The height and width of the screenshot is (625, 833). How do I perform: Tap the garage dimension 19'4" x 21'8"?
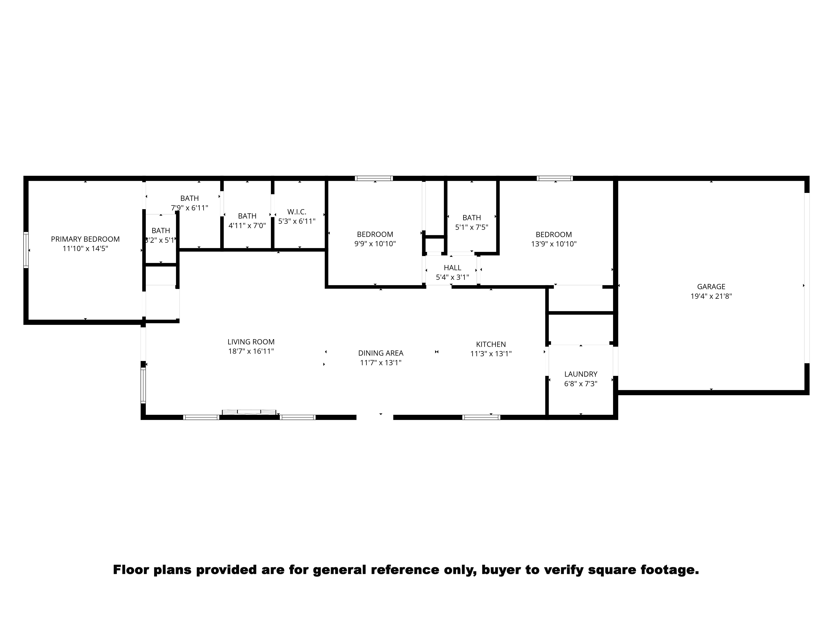(x=711, y=296)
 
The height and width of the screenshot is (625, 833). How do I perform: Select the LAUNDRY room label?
(x=581, y=374)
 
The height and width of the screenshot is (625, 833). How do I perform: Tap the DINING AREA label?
(x=381, y=353)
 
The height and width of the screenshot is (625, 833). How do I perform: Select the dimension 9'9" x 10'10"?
(x=375, y=244)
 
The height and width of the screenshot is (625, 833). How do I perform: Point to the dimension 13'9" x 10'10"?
(x=554, y=244)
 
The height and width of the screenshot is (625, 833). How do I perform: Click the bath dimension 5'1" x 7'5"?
(x=471, y=227)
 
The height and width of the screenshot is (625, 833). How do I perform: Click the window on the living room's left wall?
(x=143, y=385)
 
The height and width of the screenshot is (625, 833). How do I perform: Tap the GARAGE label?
(x=711, y=287)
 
